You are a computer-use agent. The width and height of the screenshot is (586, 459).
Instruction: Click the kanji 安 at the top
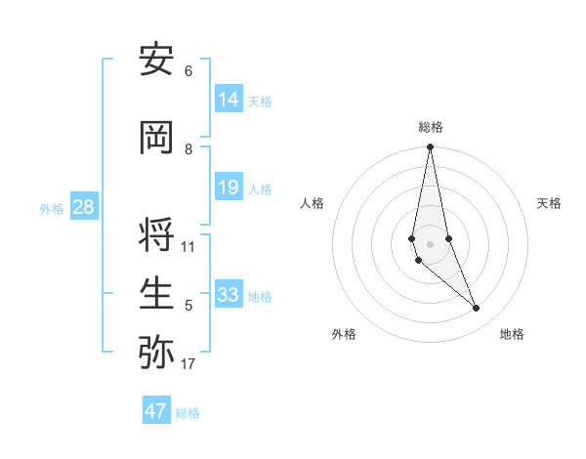tap(157, 61)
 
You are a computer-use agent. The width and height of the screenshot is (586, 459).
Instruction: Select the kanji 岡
tap(157, 139)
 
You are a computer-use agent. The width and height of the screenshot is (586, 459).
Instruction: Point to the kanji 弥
tap(157, 353)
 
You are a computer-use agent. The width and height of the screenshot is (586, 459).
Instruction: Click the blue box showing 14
tap(229, 99)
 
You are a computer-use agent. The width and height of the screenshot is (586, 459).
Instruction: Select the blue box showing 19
tap(229, 188)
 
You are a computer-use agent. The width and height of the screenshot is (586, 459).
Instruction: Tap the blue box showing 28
tap(83, 207)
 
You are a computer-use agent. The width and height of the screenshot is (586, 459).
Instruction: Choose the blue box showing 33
tap(229, 294)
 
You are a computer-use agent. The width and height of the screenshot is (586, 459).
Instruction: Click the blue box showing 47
tap(156, 411)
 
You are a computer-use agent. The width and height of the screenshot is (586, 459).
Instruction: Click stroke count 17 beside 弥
tap(188, 365)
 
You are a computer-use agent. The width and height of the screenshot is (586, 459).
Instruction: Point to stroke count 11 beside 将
tap(188, 246)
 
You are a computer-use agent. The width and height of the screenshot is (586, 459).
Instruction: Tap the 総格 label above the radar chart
tap(431, 127)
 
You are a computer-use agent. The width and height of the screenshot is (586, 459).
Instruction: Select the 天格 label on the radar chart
tap(549, 203)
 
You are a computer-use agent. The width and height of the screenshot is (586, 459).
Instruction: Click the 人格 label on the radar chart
tap(312, 203)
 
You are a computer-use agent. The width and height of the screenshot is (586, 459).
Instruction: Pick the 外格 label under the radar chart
tap(344, 334)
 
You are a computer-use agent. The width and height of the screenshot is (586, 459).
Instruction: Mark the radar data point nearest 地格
tap(477, 309)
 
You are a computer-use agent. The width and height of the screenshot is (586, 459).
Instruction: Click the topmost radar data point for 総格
tap(431, 147)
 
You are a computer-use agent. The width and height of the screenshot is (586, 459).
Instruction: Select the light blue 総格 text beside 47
tap(188, 413)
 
